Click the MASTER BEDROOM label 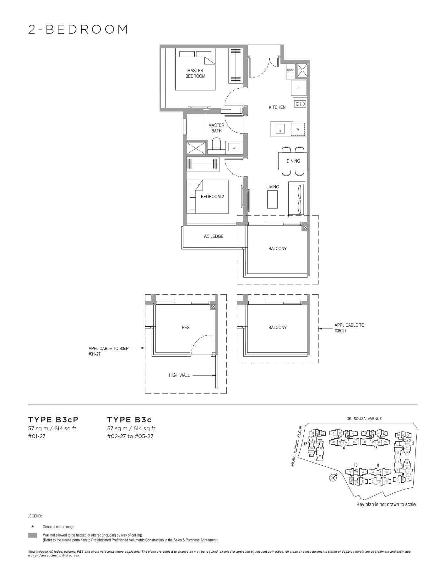pos(195,73)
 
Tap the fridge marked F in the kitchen pos(299,88)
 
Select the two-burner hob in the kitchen pos(300,103)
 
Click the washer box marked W pos(298,129)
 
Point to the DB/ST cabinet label pos(290,70)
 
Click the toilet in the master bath pos(216,145)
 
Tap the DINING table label pos(293,161)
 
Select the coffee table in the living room pos(272,199)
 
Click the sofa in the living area pos(297,198)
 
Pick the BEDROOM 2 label pos(212,197)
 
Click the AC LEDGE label pos(214,236)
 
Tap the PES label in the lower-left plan pos(186,328)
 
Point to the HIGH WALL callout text pos(179,375)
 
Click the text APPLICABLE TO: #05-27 pos(350,328)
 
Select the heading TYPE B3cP pos(53,420)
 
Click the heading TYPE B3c pos(129,420)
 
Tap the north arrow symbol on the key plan pos(333,477)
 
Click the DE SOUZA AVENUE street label pos(364,419)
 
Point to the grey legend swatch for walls pos(33,535)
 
